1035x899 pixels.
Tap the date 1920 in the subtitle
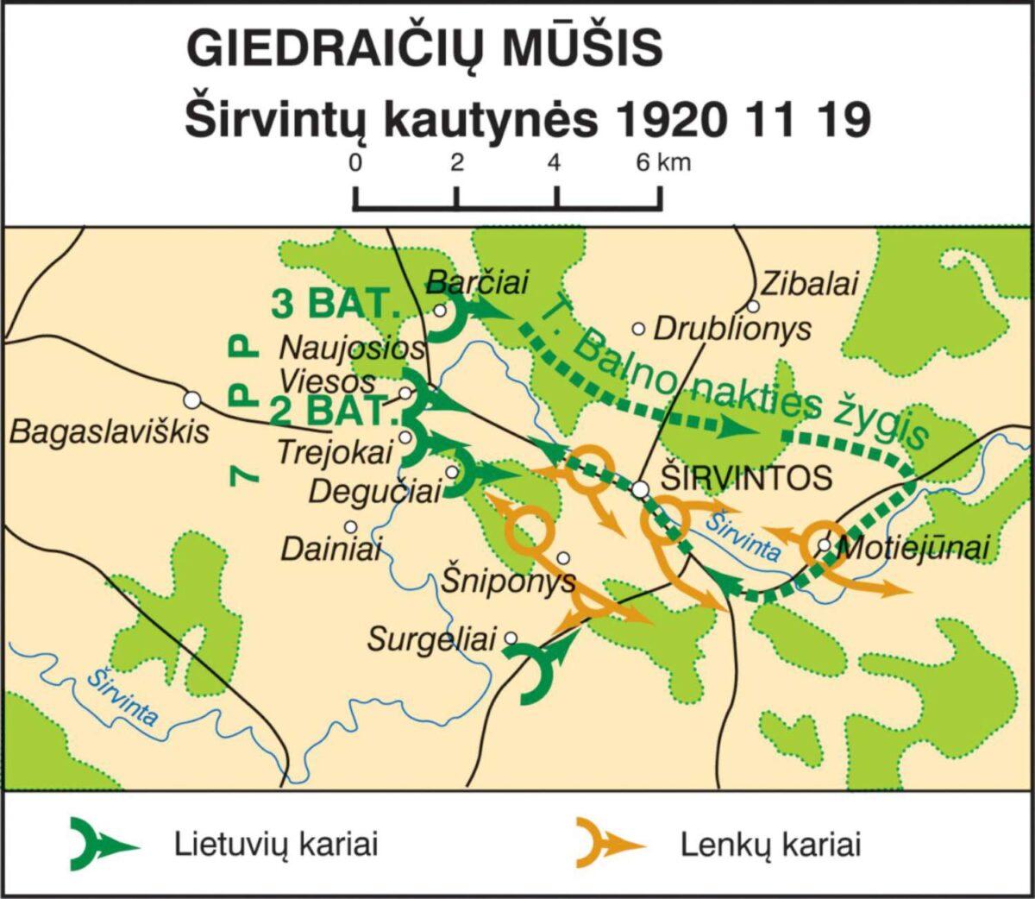click(669, 120)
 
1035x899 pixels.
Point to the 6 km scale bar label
click(663, 162)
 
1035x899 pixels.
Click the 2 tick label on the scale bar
click(456, 162)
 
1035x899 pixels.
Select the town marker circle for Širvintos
click(639, 490)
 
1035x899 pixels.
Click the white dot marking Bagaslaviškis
click(192, 399)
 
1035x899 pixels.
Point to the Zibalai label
click(809, 283)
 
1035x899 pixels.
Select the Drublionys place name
click(732, 329)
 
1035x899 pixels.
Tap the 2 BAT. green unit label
click(331, 412)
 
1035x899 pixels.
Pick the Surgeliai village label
click(432, 639)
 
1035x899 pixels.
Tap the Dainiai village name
click(330, 550)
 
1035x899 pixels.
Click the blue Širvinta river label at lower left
click(121, 696)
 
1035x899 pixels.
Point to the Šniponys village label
click(508, 580)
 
